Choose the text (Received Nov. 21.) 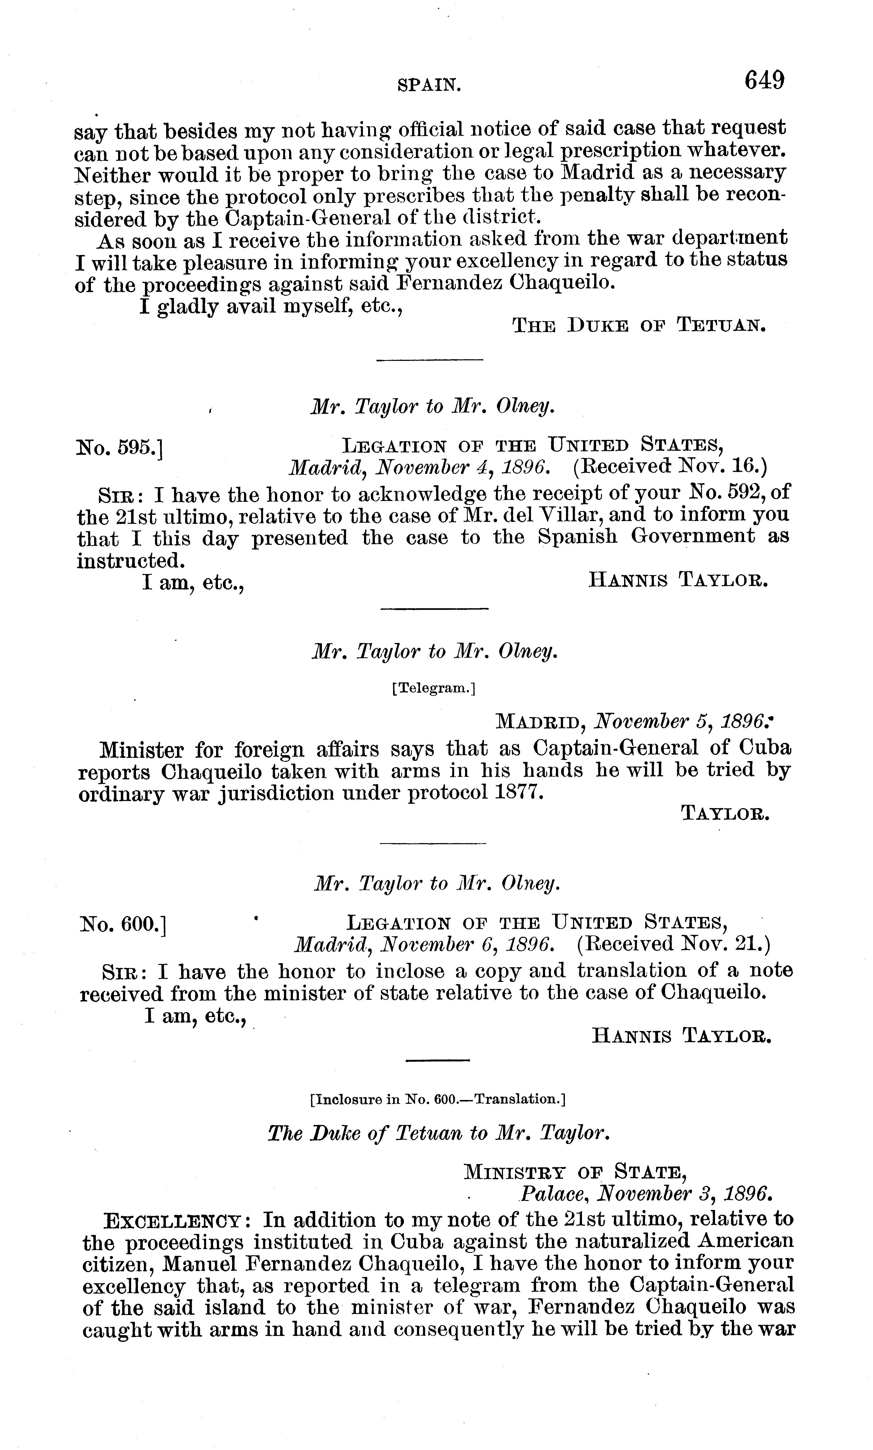click(x=673, y=944)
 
